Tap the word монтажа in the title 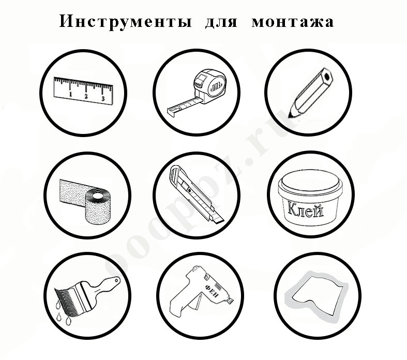pos(293,22)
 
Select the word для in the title pos(214,22)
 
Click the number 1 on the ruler pos(70,95)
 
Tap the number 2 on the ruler pos(86,96)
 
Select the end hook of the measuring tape pos(170,110)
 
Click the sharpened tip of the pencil pos(293,110)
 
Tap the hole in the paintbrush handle pos(115,281)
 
